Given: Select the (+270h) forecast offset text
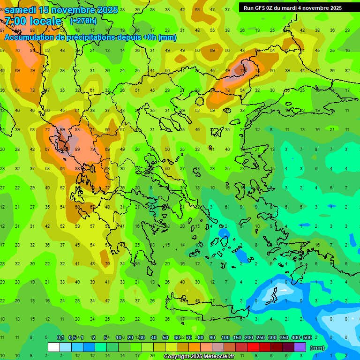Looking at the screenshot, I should click(x=83, y=21).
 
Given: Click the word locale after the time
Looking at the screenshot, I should click(x=47, y=21).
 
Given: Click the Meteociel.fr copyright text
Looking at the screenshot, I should click(x=199, y=357).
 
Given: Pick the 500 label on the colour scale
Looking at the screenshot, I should click(x=307, y=337).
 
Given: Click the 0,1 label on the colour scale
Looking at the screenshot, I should click(x=60, y=337).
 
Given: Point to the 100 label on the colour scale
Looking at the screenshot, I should click(x=225, y=337).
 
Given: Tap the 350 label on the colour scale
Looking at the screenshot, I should click(x=284, y=337).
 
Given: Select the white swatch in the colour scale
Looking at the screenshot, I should click(x=54, y=347).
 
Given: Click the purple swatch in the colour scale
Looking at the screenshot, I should click(x=300, y=347).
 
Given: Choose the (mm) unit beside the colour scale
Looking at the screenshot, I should click(x=317, y=348).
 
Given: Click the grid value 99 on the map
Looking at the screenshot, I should click(x=62, y=130).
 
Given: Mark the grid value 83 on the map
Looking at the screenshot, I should click(x=77, y=130).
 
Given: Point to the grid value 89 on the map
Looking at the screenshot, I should click(x=77, y=149).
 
